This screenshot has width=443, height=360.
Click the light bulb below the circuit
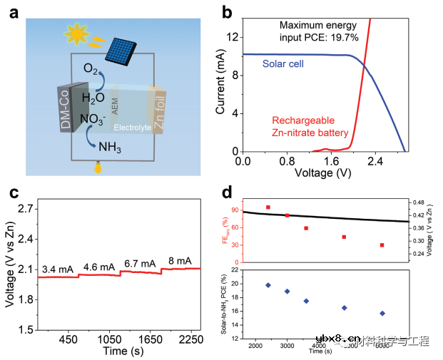click(x=98, y=168)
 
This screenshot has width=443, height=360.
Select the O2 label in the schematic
click(x=91, y=69)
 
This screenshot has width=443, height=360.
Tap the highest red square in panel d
click(x=268, y=207)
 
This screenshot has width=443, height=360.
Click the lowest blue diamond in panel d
click(x=382, y=313)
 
